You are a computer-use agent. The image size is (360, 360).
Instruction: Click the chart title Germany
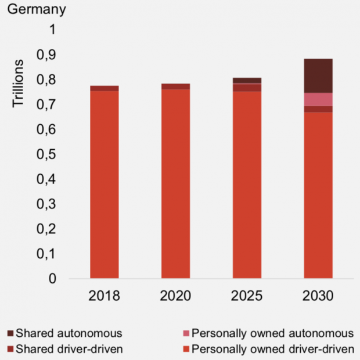[36, 10]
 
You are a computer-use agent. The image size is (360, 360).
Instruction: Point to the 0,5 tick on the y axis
[53, 154]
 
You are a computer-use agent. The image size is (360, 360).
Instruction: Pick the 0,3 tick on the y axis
[53, 204]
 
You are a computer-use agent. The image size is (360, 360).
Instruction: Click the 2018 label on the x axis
[105, 296]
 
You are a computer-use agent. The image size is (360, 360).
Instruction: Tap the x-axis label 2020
[175, 296]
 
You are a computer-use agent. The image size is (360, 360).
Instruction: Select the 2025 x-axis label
[247, 296]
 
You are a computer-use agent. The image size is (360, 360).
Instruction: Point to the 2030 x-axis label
[318, 296]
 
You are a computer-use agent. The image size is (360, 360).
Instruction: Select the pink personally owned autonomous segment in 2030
[318, 99]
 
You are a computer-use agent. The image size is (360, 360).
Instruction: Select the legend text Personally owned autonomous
[272, 333]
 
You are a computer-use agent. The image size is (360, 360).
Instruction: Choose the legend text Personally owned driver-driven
[272, 349]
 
